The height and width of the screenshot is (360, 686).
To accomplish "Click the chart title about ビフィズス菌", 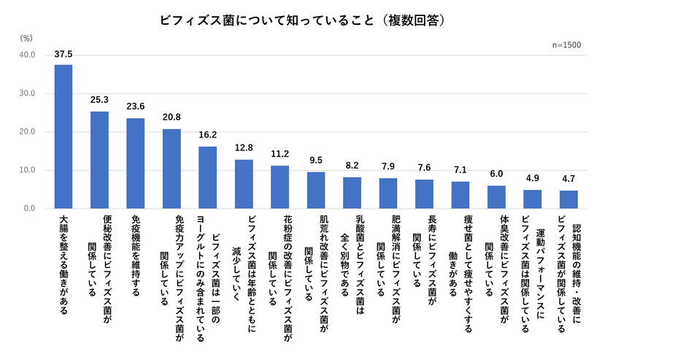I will pos(303,20).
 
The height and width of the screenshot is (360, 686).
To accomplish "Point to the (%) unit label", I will pos(26,37).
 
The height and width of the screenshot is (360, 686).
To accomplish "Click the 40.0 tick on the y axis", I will pos(27,55).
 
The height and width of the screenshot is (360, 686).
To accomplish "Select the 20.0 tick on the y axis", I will pos(27,132).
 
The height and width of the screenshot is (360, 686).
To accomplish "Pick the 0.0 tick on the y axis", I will pos(29,209).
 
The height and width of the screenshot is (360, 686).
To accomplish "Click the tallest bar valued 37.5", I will pos(63,137).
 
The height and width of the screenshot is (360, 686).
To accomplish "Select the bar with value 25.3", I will pos(99,160).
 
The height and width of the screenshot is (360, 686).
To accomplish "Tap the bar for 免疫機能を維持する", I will pos(136,164).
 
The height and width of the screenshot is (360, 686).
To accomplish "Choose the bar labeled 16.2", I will pos(207,177).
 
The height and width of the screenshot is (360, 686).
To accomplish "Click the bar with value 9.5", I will pos(316,191).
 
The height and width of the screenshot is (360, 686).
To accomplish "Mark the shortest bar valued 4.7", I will pos(569,199).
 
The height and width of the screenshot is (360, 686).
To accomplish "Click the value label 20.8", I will pos(171,118).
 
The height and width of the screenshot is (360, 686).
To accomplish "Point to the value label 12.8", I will pos(244,148).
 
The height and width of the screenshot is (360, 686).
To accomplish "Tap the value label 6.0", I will pos(496,174).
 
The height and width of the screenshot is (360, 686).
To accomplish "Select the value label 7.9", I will pos(388,166).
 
